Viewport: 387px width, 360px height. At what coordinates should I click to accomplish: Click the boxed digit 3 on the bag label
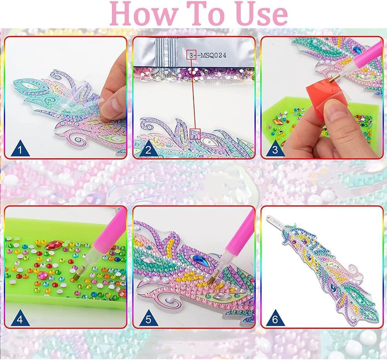191,55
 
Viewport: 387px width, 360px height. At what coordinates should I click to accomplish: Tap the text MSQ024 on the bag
213,55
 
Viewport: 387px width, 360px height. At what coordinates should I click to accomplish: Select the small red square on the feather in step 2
195,134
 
